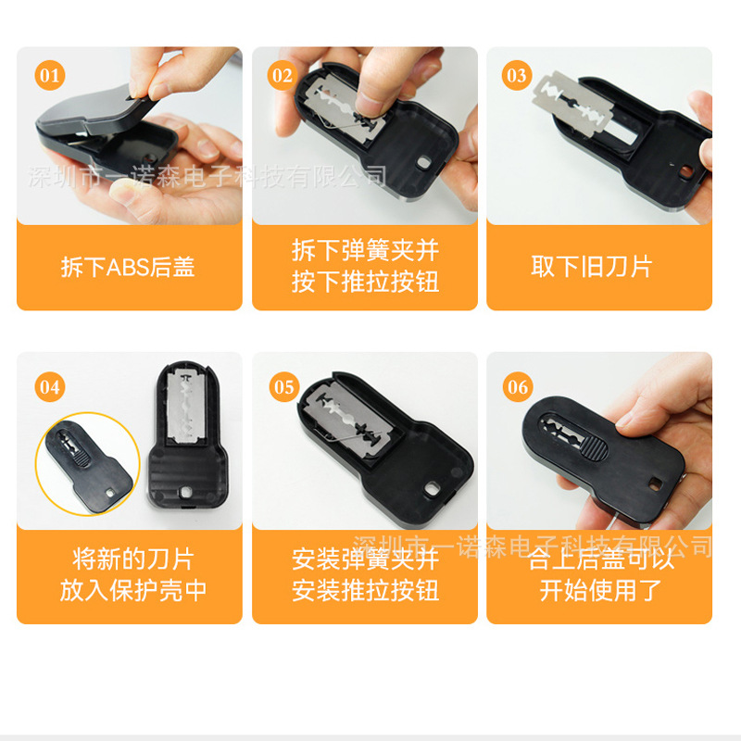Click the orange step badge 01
[50, 75]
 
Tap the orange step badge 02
[283, 75]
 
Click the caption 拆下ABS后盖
[128, 268]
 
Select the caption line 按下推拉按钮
[365, 282]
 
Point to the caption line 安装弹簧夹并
[365, 559]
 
